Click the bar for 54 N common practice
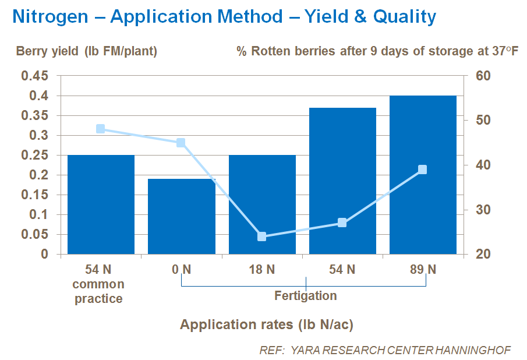[x=101, y=204]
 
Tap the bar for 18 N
[x=261, y=204]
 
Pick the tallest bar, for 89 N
[x=422, y=175]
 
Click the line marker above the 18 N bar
[x=261, y=237]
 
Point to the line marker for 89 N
[x=422, y=170]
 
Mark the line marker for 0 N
[x=181, y=143]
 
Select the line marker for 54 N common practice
[x=101, y=129]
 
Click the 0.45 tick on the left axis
[x=36, y=76]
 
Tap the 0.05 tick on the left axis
[x=36, y=235]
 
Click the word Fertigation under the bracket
[x=305, y=296]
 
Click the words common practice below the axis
[x=98, y=292]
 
